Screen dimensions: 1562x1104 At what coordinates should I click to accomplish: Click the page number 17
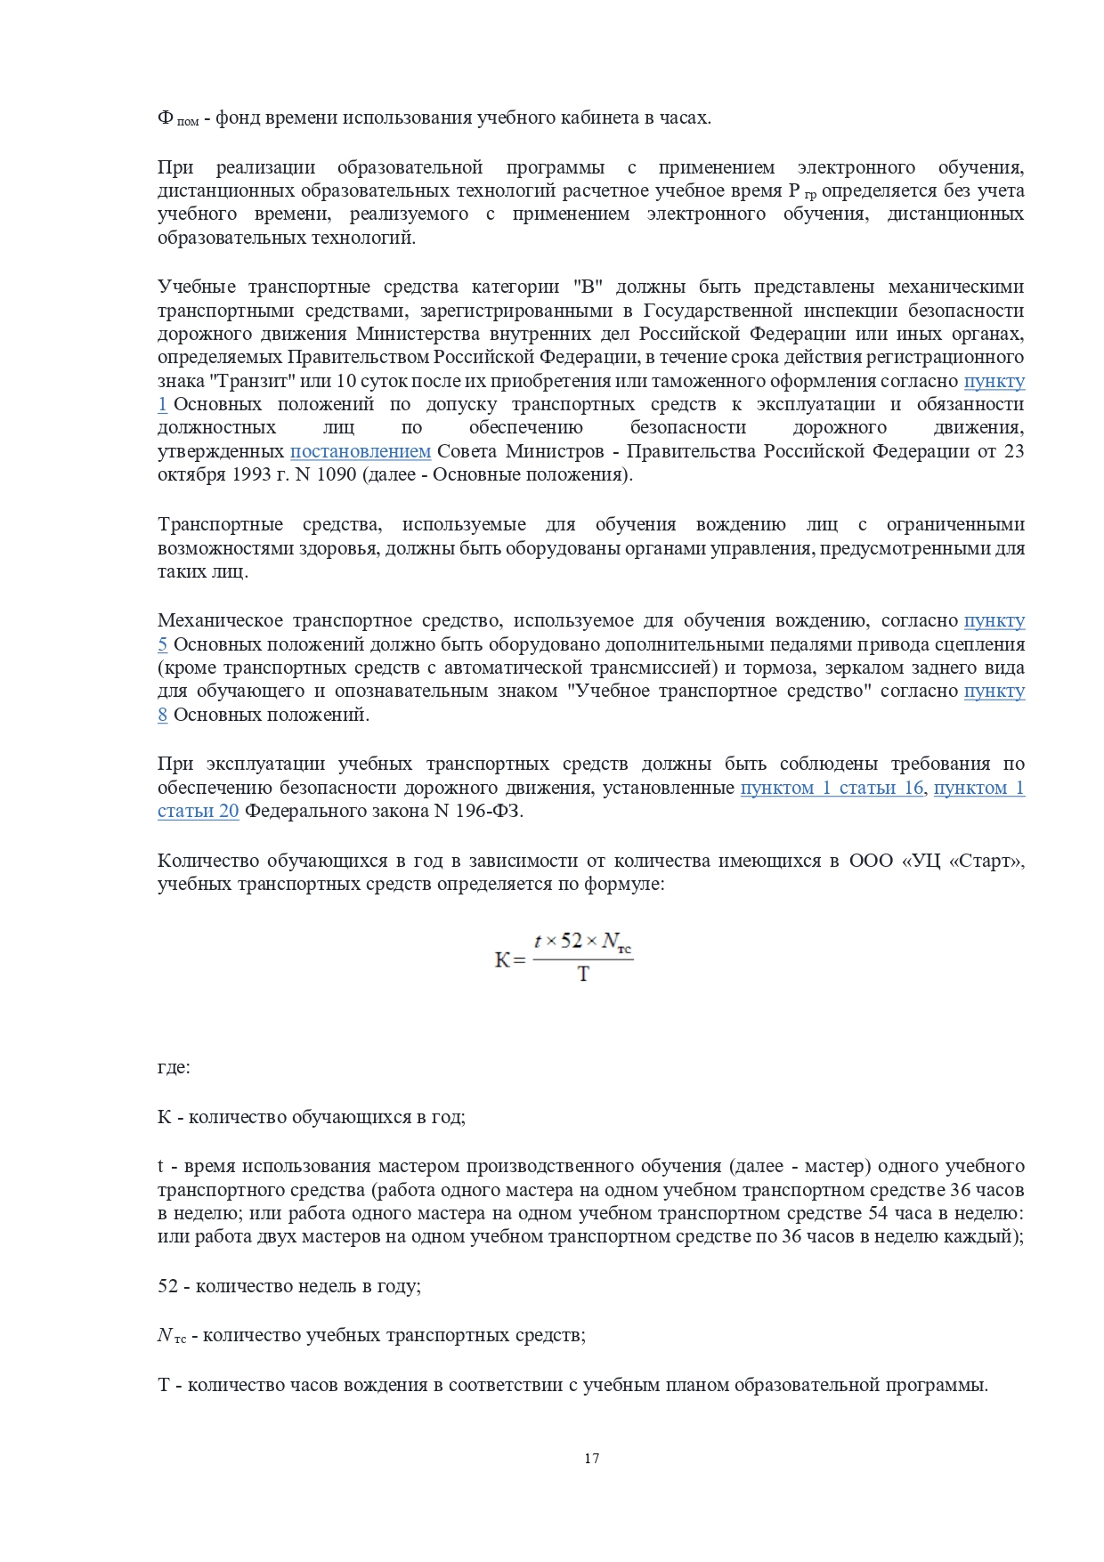point(591,1459)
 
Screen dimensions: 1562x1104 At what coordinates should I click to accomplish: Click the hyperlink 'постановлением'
point(360,451)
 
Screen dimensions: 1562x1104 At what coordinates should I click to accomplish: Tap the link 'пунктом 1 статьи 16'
point(832,788)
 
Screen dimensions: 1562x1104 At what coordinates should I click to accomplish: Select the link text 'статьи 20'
point(198,811)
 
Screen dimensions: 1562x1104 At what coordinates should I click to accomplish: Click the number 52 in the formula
point(572,941)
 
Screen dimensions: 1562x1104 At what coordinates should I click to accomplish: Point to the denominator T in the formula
point(583,975)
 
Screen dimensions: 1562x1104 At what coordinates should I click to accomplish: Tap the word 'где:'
point(174,1067)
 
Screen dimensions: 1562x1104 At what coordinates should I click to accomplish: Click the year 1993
point(254,474)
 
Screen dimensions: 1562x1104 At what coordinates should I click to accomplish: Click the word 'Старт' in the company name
point(990,861)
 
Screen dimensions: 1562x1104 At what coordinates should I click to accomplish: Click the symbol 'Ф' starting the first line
point(165,118)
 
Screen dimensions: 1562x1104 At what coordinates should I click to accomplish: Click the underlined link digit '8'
point(162,715)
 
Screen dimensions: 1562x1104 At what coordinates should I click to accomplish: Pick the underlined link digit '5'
point(162,644)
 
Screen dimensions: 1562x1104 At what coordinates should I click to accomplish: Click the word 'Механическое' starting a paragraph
point(220,621)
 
